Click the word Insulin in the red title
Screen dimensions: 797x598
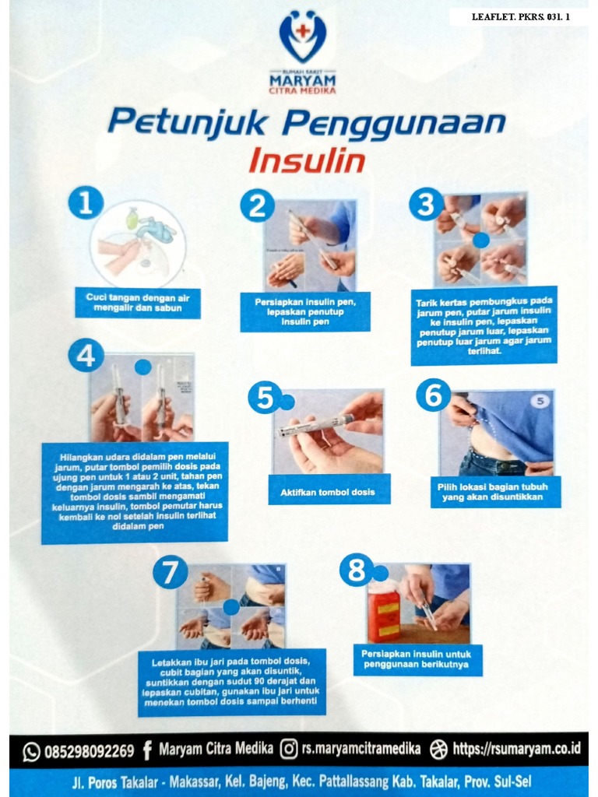click(307, 160)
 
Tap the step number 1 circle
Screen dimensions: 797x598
click(86, 204)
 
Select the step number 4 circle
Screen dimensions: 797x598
click(86, 356)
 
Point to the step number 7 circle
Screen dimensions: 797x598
click(170, 573)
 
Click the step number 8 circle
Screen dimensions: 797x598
click(356, 572)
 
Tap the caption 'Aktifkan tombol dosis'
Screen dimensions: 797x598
click(327, 492)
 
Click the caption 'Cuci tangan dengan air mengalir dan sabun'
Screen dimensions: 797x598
click(138, 302)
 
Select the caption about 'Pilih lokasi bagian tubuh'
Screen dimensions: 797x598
click(495, 491)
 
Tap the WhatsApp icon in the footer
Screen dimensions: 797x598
click(31, 751)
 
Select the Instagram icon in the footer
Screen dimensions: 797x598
click(288, 750)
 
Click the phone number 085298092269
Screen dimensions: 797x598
click(89, 751)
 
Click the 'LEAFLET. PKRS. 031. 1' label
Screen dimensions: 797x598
click(520, 16)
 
